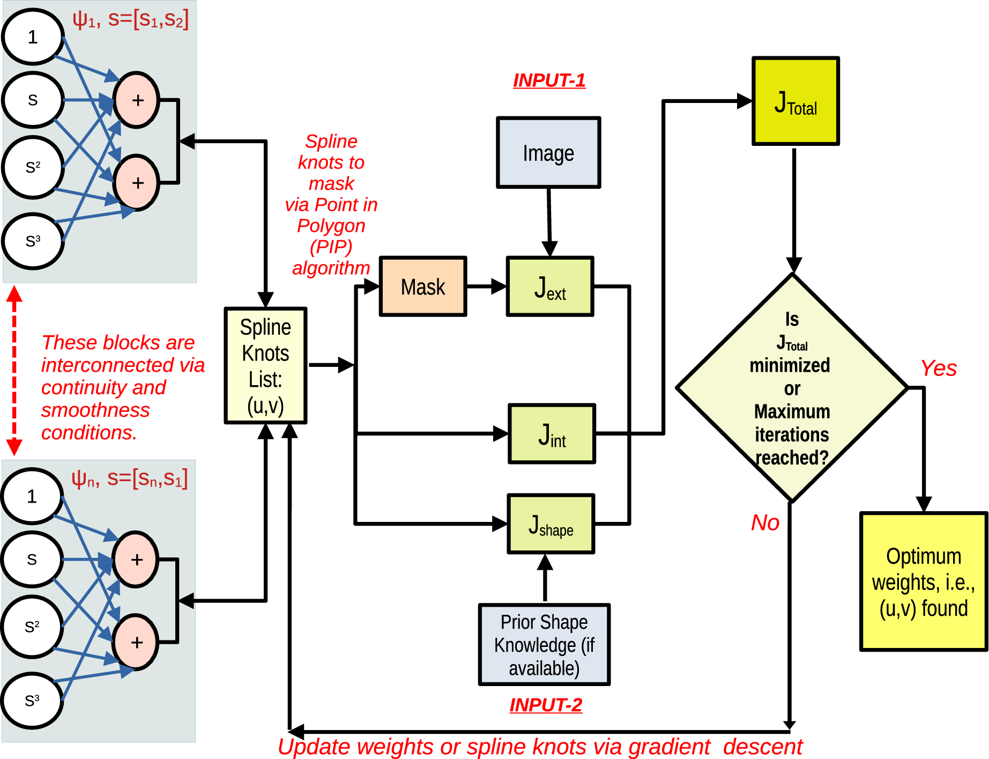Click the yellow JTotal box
[795, 101]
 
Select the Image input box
[548, 153]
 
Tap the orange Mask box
[423, 286]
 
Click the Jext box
[550, 286]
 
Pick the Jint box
[552, 433]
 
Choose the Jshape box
[551, 524]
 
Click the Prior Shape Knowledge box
[544, 644]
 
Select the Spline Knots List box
[265, 366]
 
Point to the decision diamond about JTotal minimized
[792, 388]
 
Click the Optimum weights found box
[923, 581]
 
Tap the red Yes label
[938, 369]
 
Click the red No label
[765, 522]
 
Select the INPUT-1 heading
[549, 80]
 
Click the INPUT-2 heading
[546, 705]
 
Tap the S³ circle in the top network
[33, 241]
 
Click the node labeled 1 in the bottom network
[32, 496]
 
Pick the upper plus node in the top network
[137, 100]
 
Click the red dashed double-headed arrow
[14, 370]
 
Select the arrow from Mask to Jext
[486, 286]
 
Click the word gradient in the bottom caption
[669, 747]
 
